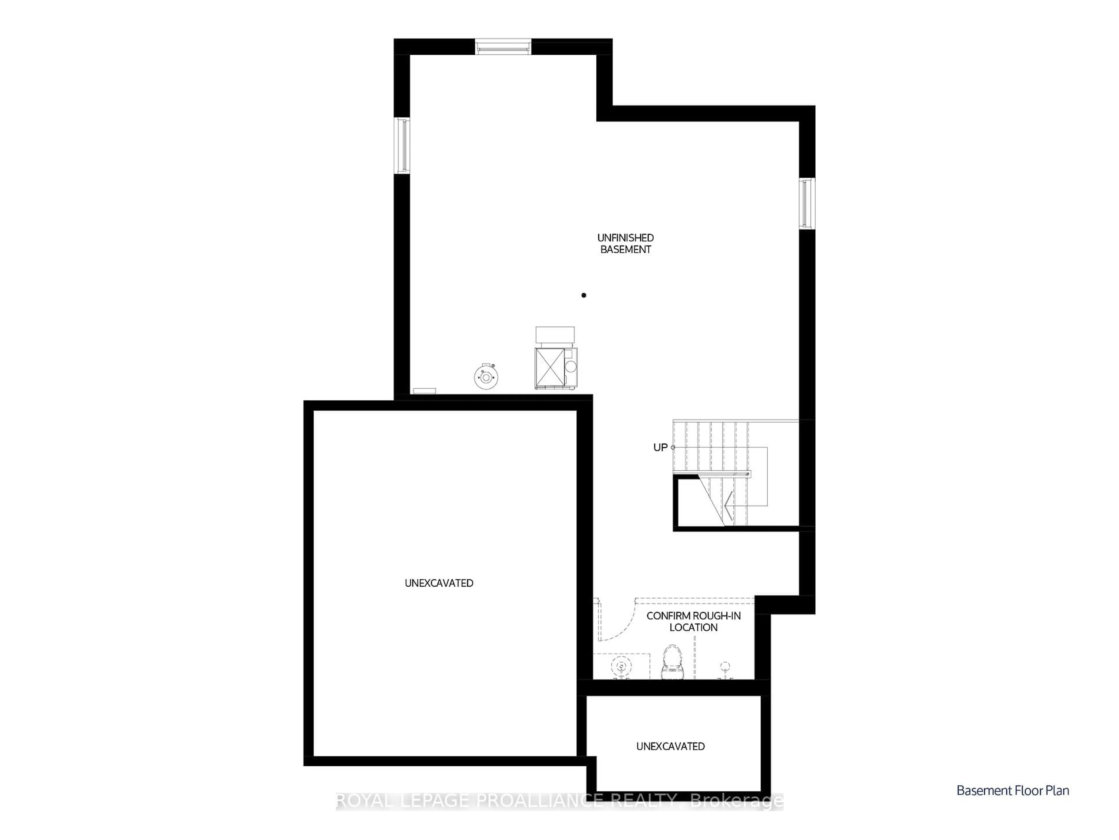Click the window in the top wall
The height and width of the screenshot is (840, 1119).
pyautogui.click(x=503, y=47)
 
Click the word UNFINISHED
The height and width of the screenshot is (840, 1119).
pyautogui.click(x=625, y=238)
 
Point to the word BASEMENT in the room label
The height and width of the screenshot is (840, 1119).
pyautogui.click(x=625, y=249)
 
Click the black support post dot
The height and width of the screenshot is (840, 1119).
pyautogui.click(x=584, y=295)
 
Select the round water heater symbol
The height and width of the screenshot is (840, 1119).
pyautogui.click(x=486, y=377)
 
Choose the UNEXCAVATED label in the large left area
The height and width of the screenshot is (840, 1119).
pyautogui.click(x=439, y=583)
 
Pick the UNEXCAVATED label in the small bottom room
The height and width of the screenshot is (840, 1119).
pyautogui.click(x=670, y=747)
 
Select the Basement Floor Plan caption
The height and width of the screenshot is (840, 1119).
pyautogui.click(x=1012, y=791)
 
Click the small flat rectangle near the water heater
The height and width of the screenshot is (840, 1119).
pyautogui.click(x=424, y=391)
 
